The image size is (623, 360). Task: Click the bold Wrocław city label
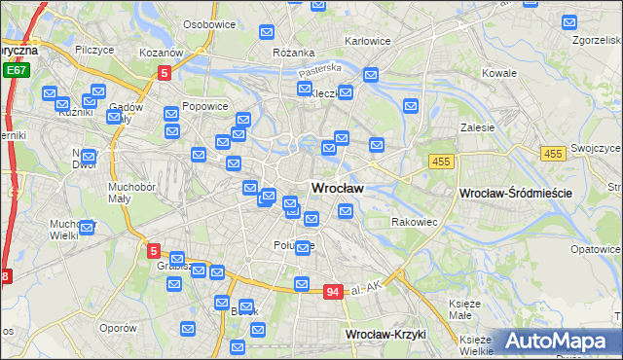(337, 188)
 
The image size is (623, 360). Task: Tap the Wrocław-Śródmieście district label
(514, 194)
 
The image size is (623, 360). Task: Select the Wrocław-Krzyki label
(386, 334)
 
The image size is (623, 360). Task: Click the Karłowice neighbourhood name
(368, 42)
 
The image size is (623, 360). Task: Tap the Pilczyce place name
(93, 49)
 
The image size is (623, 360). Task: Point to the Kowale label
(499, 73)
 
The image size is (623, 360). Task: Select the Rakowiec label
(415, 222)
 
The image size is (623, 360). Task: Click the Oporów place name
(118, 328)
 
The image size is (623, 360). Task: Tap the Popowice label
(205, 107)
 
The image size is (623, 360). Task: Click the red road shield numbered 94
(333, 292)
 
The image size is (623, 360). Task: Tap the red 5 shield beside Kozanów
(165, 72)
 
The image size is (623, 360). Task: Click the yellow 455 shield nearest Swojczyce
(554, 154)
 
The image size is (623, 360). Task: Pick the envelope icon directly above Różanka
(268, 32)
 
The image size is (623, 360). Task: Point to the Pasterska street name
(320, 69)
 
